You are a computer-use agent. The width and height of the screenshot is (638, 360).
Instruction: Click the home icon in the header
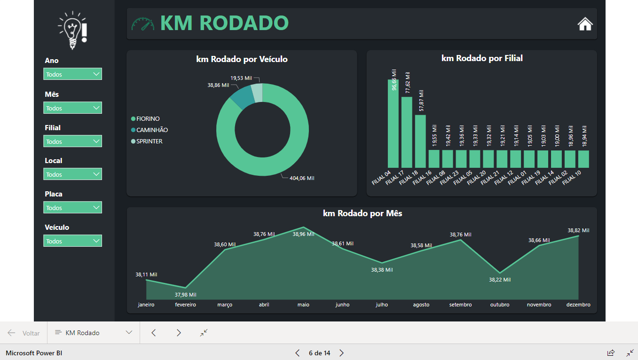[x=585, y=24]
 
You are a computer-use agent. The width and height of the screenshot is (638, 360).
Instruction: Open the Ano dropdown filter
[x=72, y=74]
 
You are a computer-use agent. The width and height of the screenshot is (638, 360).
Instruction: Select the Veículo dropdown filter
[x=72, y=241]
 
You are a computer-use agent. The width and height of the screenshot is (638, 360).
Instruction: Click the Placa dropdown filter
[x=72, y=208]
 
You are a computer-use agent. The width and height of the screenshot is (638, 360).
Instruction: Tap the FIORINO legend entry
[x=148, y=119]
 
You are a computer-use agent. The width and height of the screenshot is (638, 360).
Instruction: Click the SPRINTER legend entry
[x=149, y=141]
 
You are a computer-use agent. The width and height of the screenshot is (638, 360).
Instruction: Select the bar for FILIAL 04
[x=393, y=123]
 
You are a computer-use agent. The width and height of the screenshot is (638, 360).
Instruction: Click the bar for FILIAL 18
[x=420, y=141]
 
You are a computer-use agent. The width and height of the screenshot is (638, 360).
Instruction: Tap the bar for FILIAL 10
[x=583, y=159]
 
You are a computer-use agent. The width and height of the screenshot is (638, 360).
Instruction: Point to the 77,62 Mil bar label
[x=407, y=83]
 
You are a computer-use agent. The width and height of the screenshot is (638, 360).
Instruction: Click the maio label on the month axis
[x=303, y=305]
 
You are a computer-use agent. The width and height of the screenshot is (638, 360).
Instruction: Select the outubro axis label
[x=499, y=305]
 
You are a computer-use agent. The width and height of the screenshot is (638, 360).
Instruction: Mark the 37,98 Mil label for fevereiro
[x=186, y=295]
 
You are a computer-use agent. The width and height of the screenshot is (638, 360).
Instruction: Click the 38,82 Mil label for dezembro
[x=578, y=230]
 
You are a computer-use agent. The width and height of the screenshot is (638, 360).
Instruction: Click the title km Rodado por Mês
[x=362, y=213]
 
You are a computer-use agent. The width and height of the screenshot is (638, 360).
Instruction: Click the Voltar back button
[x=24, y=333]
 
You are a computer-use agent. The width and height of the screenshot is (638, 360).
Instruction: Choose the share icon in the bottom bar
[x=611, y=352]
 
